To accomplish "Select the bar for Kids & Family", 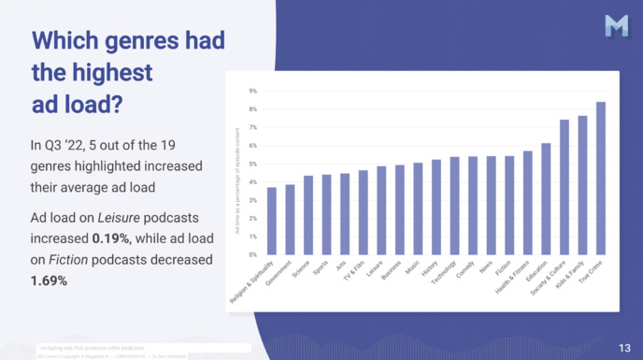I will click(582, 185).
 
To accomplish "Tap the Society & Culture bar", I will click(564, 187).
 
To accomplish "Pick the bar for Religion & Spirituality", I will click(272, 221).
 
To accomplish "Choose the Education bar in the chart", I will click(546, 199).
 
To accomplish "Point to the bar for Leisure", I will click(381, 210).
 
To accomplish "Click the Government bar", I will click(290, 220).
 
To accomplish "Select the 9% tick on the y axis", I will click(252, 91).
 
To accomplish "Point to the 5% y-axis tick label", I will click(252, 164).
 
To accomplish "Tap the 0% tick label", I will click(252, 254).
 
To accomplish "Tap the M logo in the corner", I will click(616, 26).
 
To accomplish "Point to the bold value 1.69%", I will click(50, 280).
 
